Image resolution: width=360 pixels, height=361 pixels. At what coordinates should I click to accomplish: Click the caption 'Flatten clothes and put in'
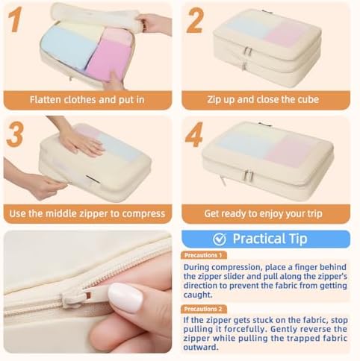coord(87,99)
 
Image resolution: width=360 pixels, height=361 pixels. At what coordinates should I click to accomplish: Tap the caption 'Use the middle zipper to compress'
coord(87,213)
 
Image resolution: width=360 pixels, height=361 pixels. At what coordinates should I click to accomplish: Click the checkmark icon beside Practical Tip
coord(220,239)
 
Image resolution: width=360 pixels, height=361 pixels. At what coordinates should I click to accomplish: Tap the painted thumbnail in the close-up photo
coord(125,298)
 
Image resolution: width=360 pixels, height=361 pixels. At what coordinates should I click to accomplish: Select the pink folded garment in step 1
coord(109,58)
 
